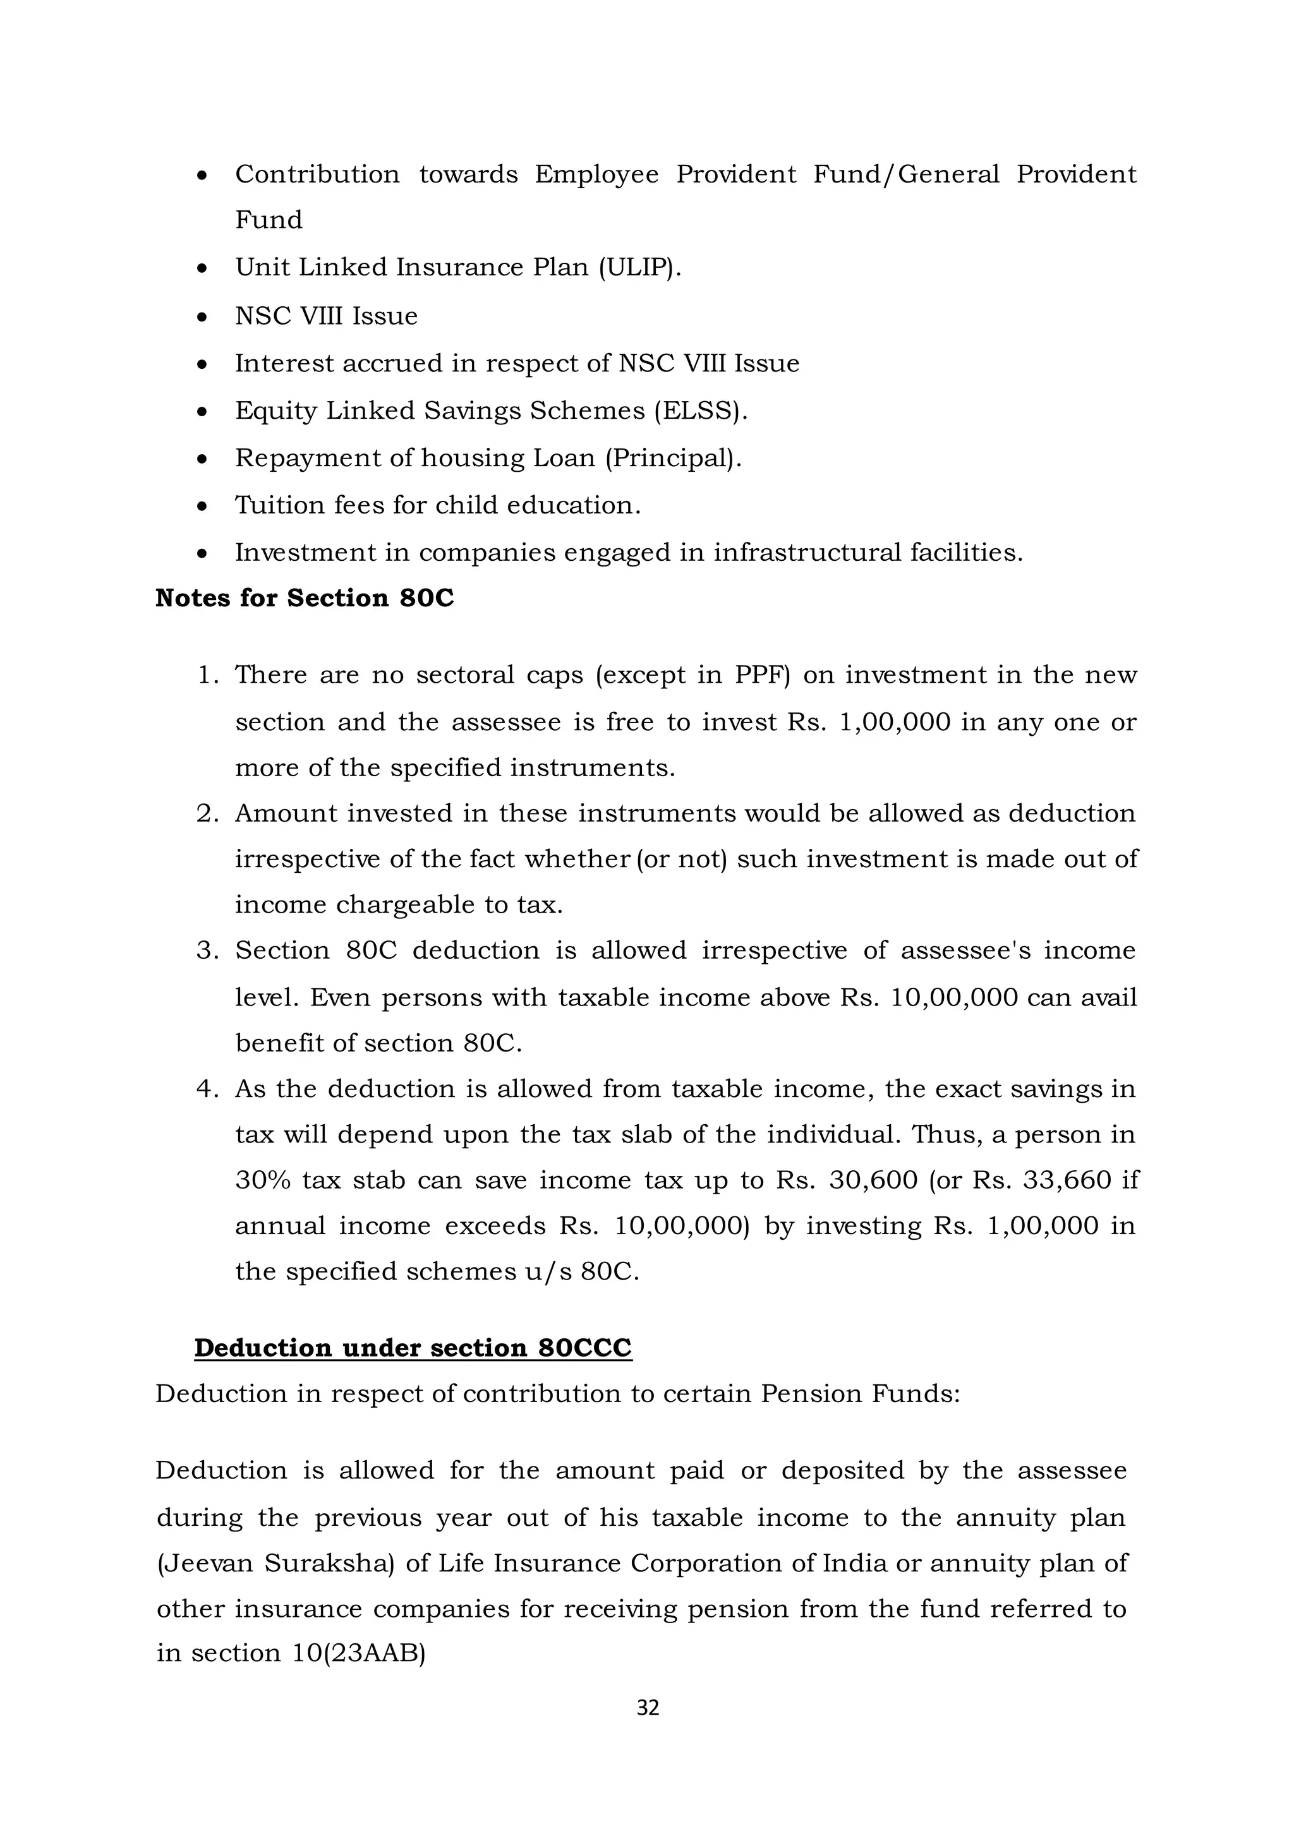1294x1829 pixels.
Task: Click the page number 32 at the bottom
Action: (648, 1707)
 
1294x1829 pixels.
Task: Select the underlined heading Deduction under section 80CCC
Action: (413, 1347)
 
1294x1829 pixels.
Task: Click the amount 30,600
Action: (873, 1180)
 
